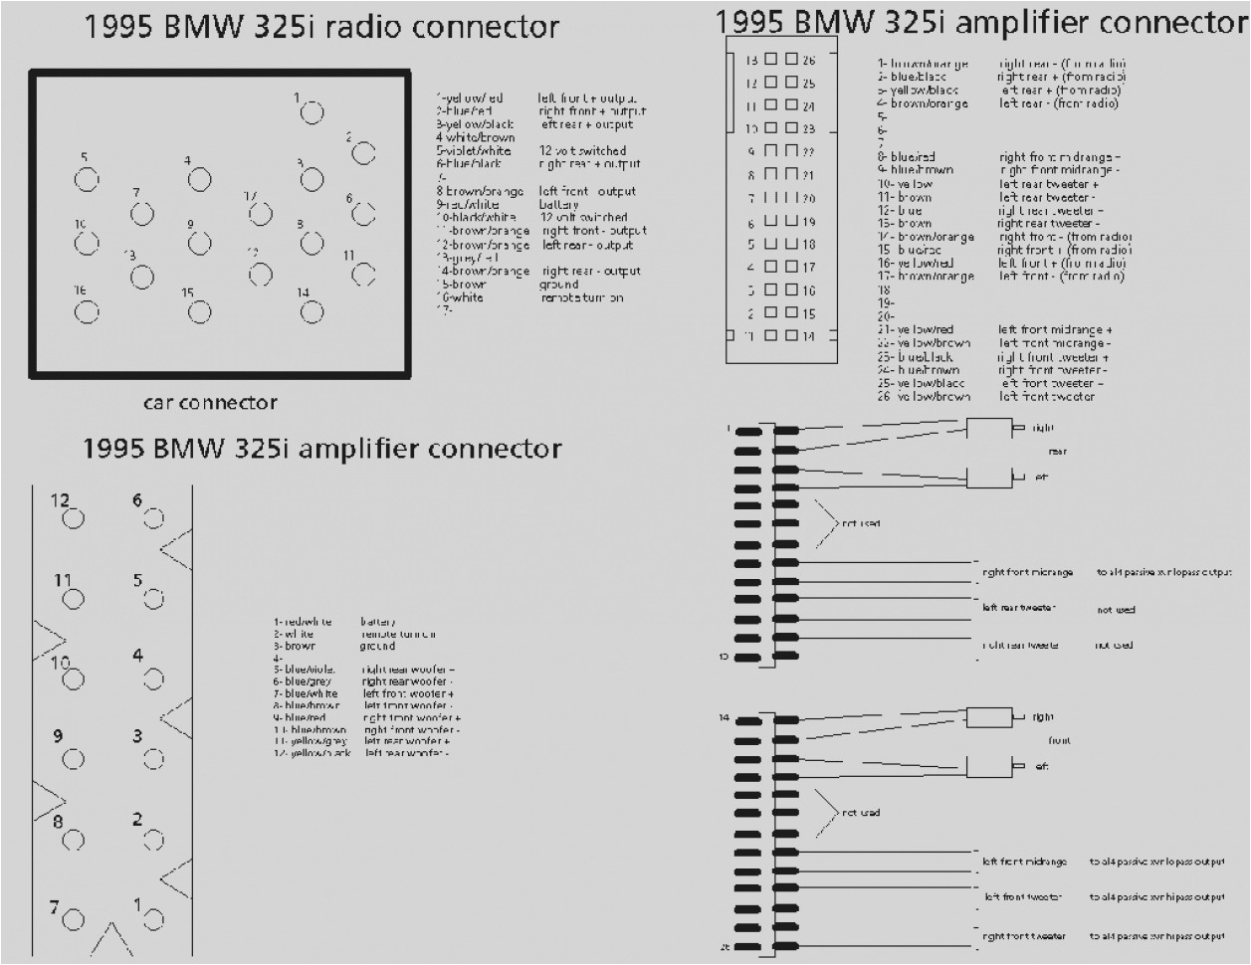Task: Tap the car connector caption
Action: point(210,402)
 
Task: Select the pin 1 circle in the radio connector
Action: point(312,112)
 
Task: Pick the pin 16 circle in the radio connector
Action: point(87,311)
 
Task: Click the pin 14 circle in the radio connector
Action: point(312,312)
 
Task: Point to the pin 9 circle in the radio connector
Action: point(200,243)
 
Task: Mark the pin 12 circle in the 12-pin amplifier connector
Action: point(73,518)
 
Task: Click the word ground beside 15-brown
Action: point(558,285)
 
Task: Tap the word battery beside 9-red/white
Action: point(558,204)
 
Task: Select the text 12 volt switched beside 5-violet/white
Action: point(583,151)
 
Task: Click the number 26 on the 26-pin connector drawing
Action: point(808,61)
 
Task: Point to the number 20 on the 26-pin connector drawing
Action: point(808,199)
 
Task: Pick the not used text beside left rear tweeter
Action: point(1116,610)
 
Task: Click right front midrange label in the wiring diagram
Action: point(1028,572)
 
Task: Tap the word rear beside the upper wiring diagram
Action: point(1057,452)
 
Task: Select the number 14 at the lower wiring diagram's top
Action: point(725,717)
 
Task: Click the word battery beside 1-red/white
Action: point(378,622)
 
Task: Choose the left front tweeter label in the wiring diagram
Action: point(1023,897)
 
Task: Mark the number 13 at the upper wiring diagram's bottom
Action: point(725,657)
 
